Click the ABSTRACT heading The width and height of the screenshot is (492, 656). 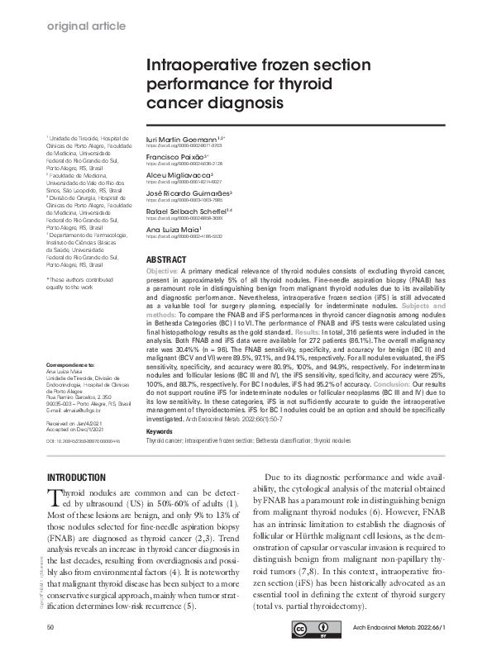tap(165, 260)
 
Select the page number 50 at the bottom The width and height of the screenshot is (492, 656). tap(51, 629)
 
